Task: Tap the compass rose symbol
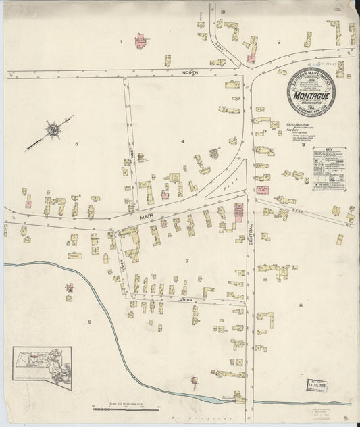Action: click(52, 128)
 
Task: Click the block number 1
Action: click(121, 42)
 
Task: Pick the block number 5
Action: click(76, 143)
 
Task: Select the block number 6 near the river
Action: click(88, 322)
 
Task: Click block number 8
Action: click(300, 307)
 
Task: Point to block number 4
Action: click(182, 141)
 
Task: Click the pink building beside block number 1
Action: click(141, 41)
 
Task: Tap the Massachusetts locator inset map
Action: click(42, 365)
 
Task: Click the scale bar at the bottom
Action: click(125, 407)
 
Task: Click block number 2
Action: click(278, 42)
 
